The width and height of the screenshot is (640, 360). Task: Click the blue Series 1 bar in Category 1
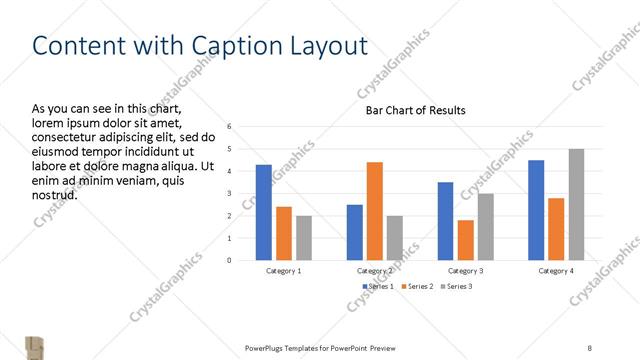(x=263, y=212)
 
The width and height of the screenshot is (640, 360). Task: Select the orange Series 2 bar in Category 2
(x=374, y=211)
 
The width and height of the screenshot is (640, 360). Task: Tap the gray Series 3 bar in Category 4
(x=576, y=205)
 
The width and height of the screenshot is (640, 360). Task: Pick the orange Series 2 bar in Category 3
(x=465, y=240)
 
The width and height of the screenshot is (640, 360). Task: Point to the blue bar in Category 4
(x=536, y=210)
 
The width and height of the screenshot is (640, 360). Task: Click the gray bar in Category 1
(x=304, y=238)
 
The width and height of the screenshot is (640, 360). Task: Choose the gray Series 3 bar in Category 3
(x=485, y=227)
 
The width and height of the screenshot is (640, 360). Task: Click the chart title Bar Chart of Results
(x=415, y=110)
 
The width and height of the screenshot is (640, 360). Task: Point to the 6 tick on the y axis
(x=230, y=127)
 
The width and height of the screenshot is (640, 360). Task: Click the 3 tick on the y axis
(x=230, y=194)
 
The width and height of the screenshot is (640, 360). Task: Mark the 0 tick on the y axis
(x=230, y=260)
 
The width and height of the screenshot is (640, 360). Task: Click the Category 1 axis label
(x=284, y=271)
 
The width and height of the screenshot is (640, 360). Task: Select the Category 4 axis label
(x=556, y=271)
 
